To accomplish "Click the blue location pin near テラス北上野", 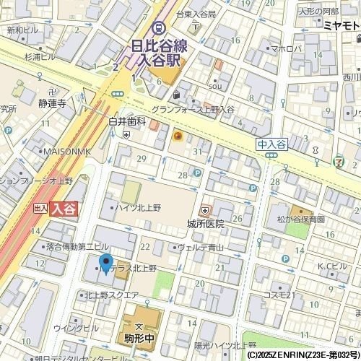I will (x=105, y=264).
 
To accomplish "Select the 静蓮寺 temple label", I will (x=52, y=103).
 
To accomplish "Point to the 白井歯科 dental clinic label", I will (x=127, y=123).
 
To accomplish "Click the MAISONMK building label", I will (x=66, y=151).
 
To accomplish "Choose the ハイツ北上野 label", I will (x=139, y=208).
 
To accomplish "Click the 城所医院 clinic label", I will (x=205, y=224).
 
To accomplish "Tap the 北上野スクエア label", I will (x=111, y=295).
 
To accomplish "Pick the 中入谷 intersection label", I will (x=271, y=144).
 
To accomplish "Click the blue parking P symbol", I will (x=196, y=173).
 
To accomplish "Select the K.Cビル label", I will (x=336, y=266).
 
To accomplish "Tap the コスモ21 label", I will (x=279, y=295).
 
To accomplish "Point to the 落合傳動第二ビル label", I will (x=77, y=247).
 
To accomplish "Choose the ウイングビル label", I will (x=82, y=328).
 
